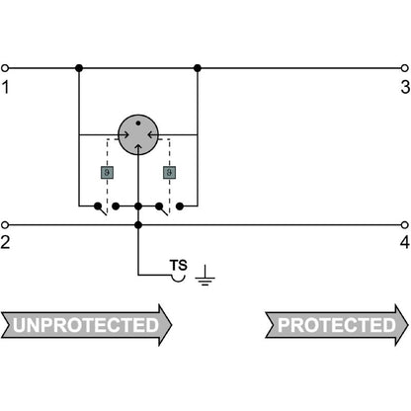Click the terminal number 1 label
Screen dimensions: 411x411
coord(5,87)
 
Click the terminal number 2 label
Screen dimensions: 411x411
coord(5,242)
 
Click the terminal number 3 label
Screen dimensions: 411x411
coord(405,87)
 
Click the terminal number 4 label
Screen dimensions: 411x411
coord(405,242)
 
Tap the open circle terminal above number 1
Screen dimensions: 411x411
coord(5,68)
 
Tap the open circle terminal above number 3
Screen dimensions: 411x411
coord(405,68)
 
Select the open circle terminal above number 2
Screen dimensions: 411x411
coord(5,225)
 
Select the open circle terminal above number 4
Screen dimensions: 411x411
coord(405,225)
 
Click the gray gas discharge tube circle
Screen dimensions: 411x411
coord(138,134)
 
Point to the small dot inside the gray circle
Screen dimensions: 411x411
coord(138,123)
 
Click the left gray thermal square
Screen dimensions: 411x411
coord(107,172)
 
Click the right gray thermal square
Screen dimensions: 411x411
coord(169,172)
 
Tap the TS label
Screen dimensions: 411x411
coord(179,266)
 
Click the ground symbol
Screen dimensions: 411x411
coord(205,276)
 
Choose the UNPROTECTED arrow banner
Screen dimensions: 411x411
coord(86,325)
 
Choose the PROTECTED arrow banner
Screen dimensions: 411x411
coord(337,325)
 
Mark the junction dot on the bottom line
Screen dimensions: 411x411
coord(138,225)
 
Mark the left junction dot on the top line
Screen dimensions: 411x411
coord(79,68)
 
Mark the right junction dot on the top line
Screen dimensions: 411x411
coord(198,68)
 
